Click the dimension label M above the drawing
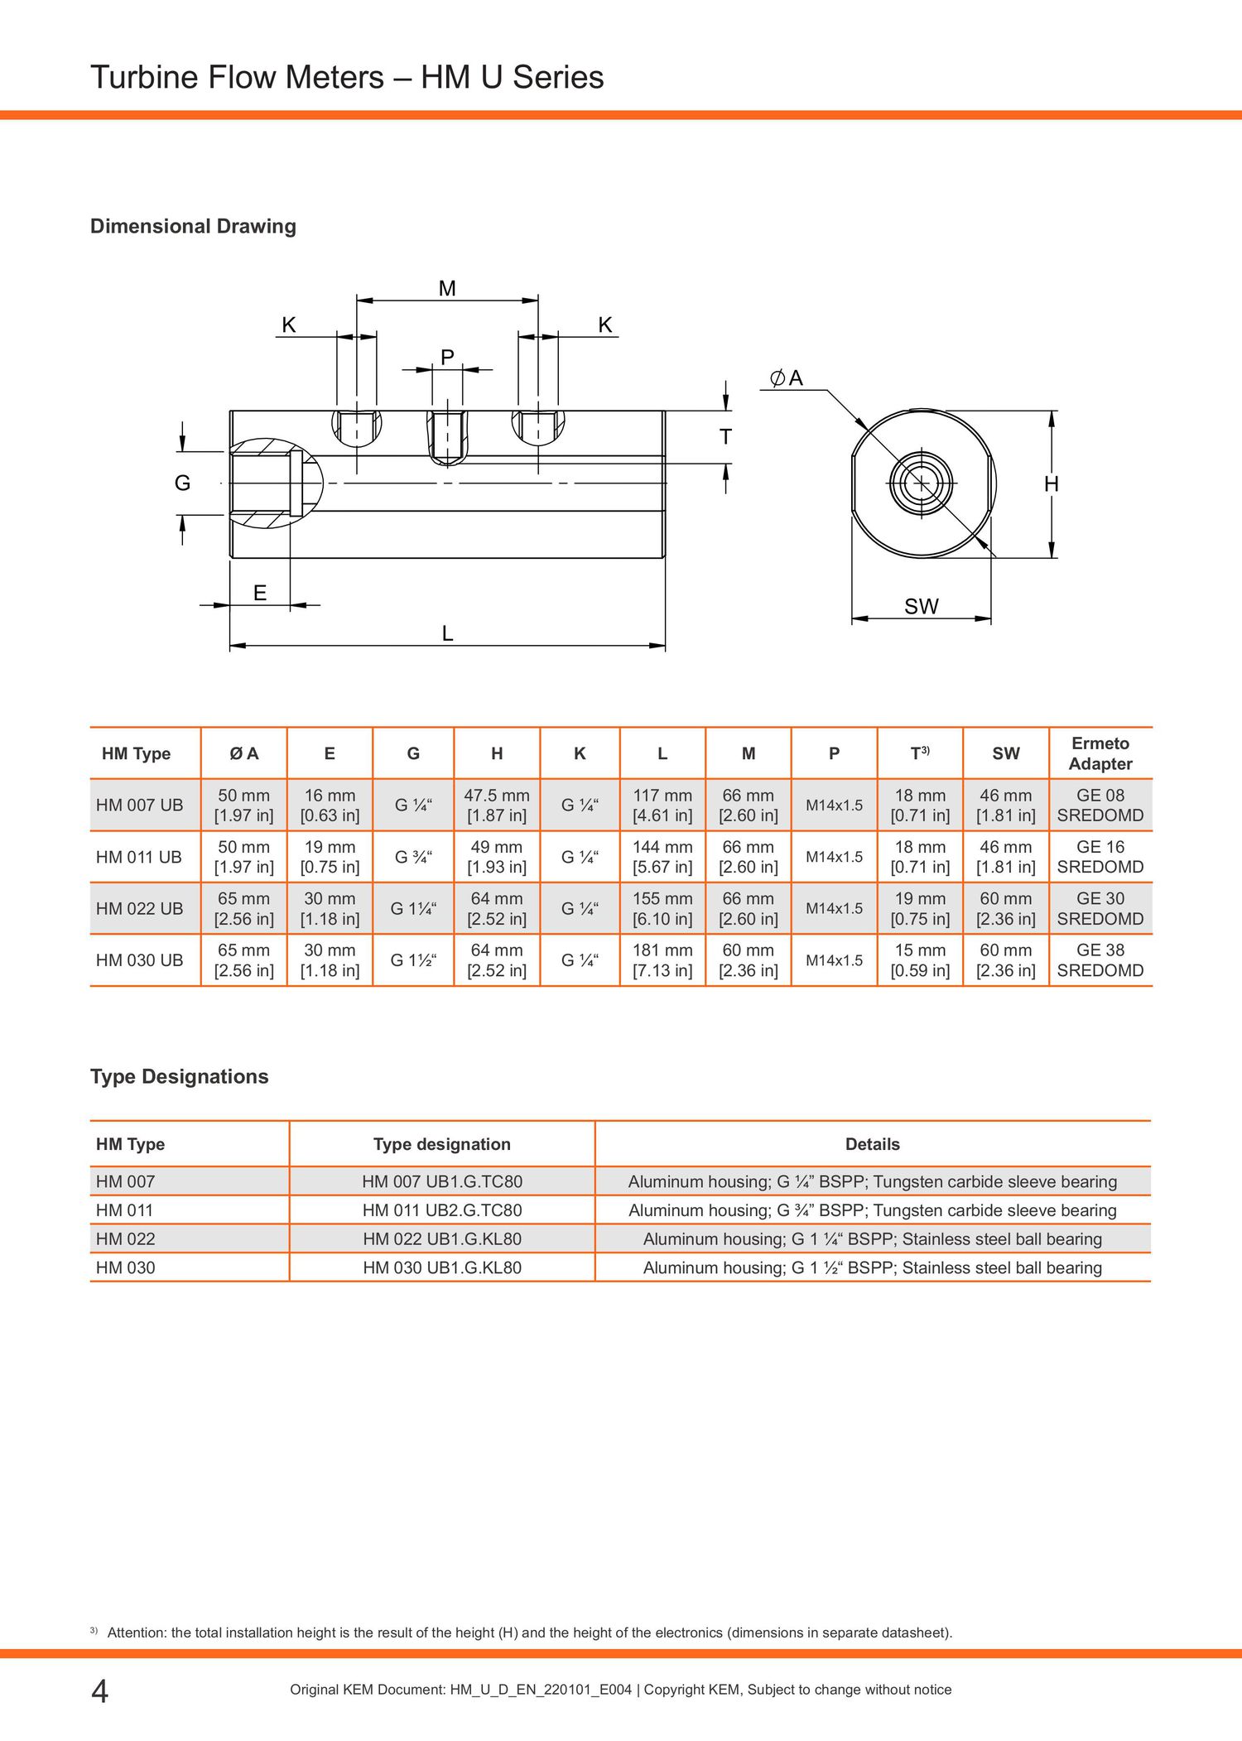pyautogui.click(x=447, y=288)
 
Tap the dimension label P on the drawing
pyautogui.click(x=447, y=357)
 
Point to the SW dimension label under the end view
pyautogui.click(x=921, y=607)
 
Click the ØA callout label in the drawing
pyautogui.click(x=787, y=378)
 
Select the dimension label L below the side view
pyautogui.click(x=447, y=633)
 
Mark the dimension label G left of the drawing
pyautogui.click(x=182, y=483)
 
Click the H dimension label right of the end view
pyautogui.click(x=1051, y=484)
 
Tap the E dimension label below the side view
pyautogui.click(x=259, y=593)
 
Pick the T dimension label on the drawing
pyautogui.click(x=725, y=436)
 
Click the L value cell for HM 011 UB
pyautogui.click(x=662, y=857)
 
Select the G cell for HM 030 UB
pyautogui.click(x=413, y=960)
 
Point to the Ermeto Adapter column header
pyautogui.click(x=1100, y=753)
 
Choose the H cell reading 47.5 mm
pyautogui.click(x=496, y=805)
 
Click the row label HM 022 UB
pyautogui.click(x=139, y=908)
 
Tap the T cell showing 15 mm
pyautogui.click(x=920, y=960)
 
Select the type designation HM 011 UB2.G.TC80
pyautogui.click(x=442, y=1210)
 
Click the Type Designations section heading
pyautogui.click(x=180, y=1076)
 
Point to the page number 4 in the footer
pyautogui.click(x=99, y=1691)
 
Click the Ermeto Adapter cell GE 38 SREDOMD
pyautogui.click(x=1100, y=960)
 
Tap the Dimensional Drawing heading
pyautogui.click(x=193, y=226)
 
